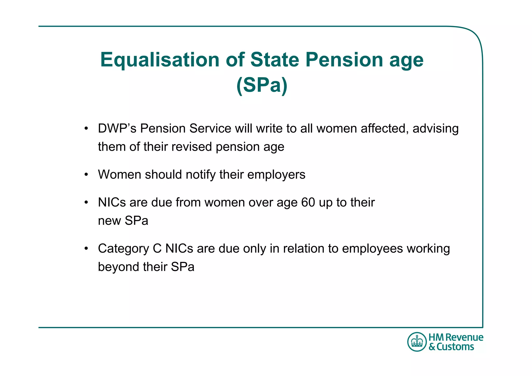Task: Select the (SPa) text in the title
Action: pyautogui.click(x=262, y=85)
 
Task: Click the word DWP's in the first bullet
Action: pyautogui.click(x=117, y=128)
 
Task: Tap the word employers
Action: pyautogui.click(x=276, y=175)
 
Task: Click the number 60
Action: pyautogui.click(x=308, y=202)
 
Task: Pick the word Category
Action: pyautogui.click(x=123, y=249)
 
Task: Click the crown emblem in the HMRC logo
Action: pyautogui.click(x=417, y=342)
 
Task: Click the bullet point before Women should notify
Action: pyautogui.click(x=87, y=175)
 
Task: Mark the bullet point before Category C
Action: pyautogui.click(x=87, y=249)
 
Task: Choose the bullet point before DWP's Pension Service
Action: pyautogui.click(x=87, y=129)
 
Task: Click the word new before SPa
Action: pyautogui.click(x=109, y=221)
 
